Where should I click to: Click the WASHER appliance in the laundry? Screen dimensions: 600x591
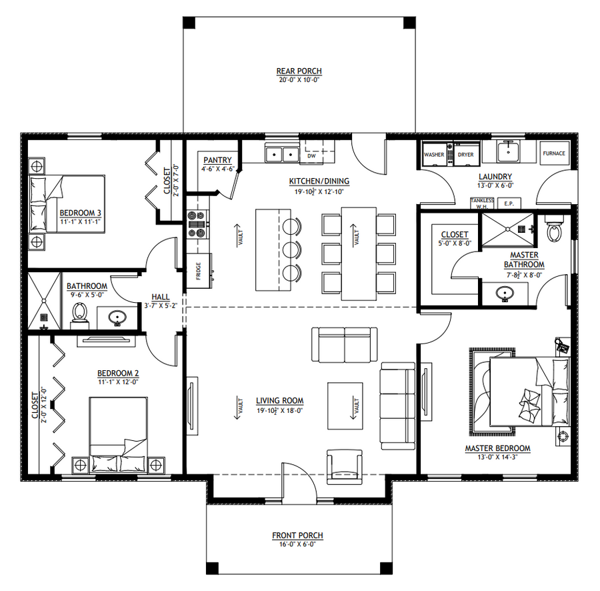point(434,154)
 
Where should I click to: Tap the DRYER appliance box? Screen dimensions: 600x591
point(467,154)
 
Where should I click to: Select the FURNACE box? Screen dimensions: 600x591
point(554,153)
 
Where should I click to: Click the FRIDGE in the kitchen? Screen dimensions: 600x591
point(199,271)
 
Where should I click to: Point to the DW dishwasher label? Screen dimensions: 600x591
point(311,156)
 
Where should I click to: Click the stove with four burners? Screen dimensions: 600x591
point(198,224)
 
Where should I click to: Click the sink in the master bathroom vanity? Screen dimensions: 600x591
point(505,294)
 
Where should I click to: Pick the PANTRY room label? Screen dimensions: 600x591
point(217,160)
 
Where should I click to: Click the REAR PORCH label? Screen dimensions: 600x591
point(299,71)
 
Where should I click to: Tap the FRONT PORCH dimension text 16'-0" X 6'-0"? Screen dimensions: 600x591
point(297,544)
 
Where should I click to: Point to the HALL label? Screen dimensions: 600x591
point(160,297)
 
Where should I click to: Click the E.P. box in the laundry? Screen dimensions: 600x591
point(509,203)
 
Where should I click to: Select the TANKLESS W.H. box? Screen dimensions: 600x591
point(482,203)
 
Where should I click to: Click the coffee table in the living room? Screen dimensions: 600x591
point(345,406)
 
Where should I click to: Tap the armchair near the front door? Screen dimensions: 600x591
point(345,467)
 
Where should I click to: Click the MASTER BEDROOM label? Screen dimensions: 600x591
point(497,448)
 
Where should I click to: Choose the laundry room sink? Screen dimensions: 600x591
point(508,151)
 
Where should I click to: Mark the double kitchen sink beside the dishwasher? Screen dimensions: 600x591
point(283,155)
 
